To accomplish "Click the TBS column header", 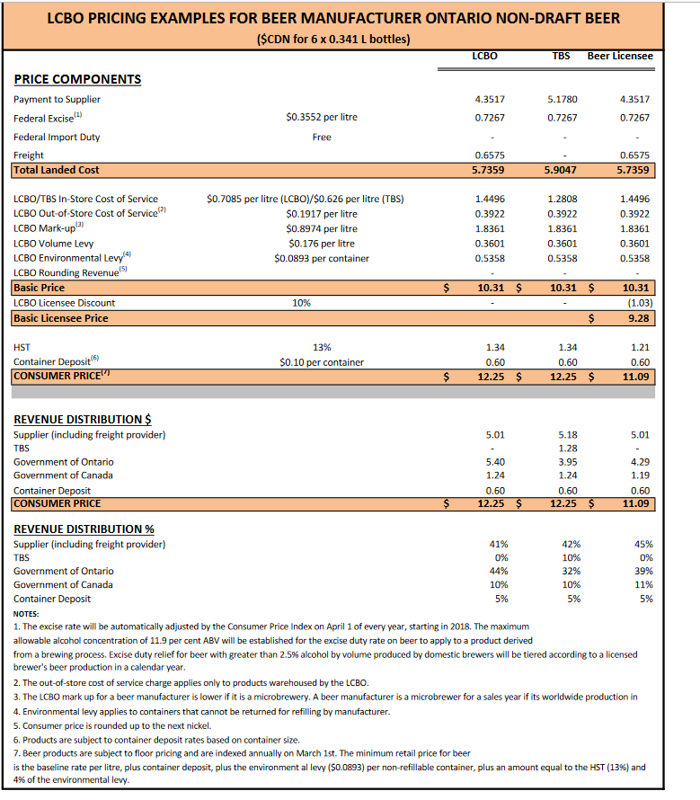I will [561, 56].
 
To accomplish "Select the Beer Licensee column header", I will [620, 56].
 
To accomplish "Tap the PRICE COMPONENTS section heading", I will [77, 79].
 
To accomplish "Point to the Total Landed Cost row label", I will [57, 170].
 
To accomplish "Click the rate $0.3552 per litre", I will [322, 117].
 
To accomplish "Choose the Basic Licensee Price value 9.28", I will [640, 318].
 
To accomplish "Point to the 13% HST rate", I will [322, 347].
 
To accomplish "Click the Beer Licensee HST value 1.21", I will [640, 347].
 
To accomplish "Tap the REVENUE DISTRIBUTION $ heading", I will [83, 419].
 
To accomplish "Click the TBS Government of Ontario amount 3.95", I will [567, 461].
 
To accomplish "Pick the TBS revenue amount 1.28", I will [567, 448].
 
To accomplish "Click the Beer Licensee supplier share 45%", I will [643, 544].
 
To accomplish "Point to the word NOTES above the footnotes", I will [27, 612].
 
